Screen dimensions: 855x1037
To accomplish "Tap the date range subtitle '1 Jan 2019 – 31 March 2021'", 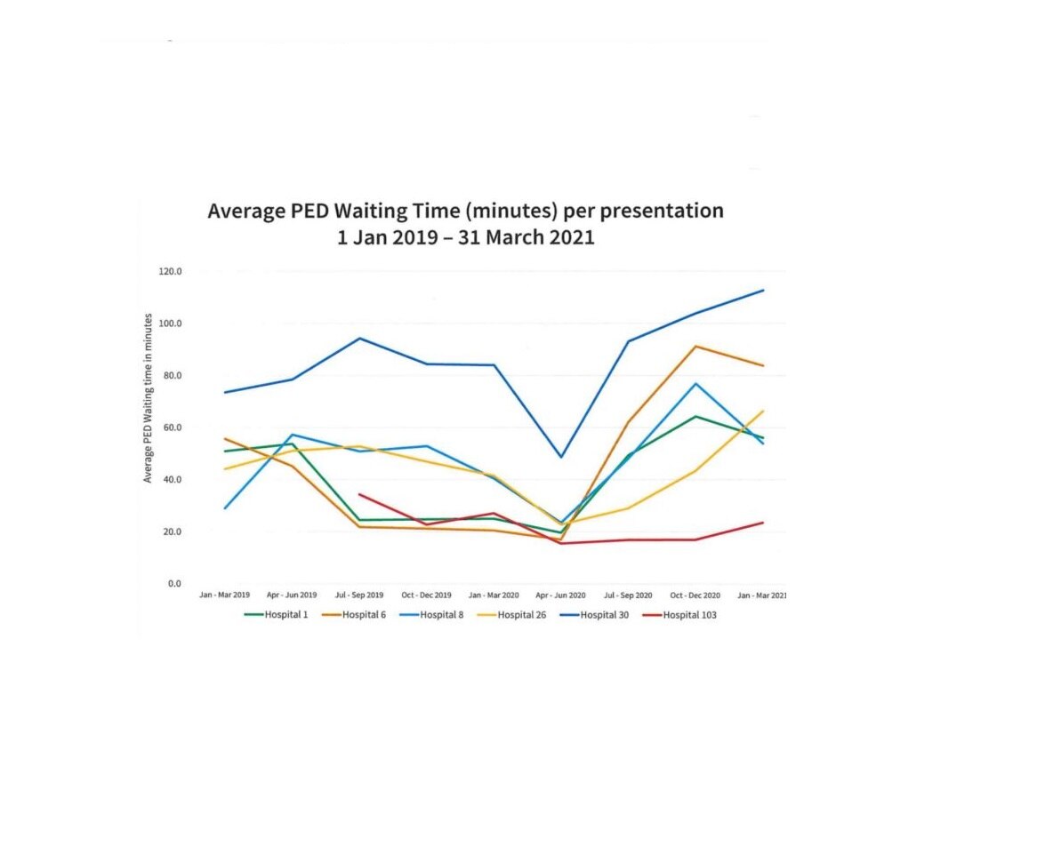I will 465,238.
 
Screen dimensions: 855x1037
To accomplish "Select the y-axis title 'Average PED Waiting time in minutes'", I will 149,398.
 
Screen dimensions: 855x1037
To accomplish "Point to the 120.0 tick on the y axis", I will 171,271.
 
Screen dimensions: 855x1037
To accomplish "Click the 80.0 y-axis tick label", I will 171,375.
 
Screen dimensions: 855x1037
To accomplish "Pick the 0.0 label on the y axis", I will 173,584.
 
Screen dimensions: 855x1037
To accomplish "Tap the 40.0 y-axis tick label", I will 171,480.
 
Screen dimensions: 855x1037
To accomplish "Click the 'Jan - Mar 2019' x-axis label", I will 224,595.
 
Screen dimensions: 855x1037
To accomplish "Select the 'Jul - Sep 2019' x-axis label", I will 359,595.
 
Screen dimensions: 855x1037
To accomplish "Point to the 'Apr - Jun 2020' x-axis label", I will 560,595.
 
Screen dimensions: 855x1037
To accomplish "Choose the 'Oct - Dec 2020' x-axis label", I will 695,595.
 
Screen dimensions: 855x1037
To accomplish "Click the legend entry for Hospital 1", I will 276,615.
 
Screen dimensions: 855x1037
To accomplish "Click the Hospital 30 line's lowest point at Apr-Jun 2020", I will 560,458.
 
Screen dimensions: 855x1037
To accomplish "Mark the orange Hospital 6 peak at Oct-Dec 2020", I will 695,346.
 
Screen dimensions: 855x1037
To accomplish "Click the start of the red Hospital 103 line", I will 358,494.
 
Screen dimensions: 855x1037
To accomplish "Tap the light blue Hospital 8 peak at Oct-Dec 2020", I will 695,383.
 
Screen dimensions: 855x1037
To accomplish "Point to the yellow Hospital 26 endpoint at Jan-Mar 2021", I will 763,411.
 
